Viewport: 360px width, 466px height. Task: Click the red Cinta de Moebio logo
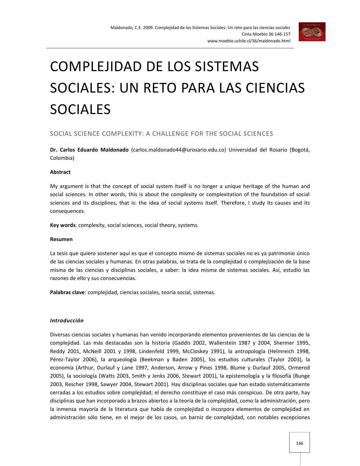click(x=312, y=32)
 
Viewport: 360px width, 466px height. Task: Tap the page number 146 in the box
click(x=299, y=443)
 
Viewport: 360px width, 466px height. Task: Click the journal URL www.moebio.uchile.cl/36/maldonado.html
click(x=249, y=41)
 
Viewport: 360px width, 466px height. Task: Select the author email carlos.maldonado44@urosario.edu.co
click(x=179, y=150)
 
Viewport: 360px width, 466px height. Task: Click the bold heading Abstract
click(x=60, y=172)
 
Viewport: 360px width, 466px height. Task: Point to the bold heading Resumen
click(x=61, y=239)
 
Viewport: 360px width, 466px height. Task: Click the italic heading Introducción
click(x=67, y=321)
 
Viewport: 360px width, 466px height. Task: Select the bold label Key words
click(x=63, y=225)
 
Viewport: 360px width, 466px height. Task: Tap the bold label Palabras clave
click(x=67, y=292)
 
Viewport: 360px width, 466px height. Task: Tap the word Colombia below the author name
click(x=62, y=158)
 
